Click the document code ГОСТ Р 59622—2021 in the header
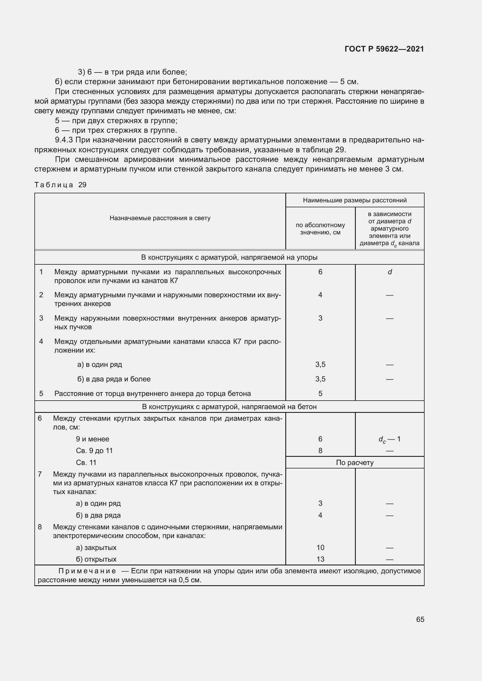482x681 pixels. (384, 49)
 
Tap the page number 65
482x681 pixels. (420, 619)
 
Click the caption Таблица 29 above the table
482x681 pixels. (60, 185)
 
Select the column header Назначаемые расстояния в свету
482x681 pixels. (160, 218)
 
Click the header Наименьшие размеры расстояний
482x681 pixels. (354, 200)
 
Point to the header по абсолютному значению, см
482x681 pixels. (320, 228)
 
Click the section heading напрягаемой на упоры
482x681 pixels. (229, 257)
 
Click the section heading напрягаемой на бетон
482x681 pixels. (229, 406)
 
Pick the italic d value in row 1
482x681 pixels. (389, 272)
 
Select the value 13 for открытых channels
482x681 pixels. (320, 559)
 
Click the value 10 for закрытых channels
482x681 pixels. (320, 547)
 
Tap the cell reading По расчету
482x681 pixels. (354, 462)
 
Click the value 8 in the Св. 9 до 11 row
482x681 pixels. (320, 450)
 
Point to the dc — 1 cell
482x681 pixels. (389, 439)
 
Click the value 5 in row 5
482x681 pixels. (320, 393)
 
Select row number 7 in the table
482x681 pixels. (40, 474)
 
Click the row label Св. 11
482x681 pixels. (86, 462)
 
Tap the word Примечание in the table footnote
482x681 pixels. (87, 571)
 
